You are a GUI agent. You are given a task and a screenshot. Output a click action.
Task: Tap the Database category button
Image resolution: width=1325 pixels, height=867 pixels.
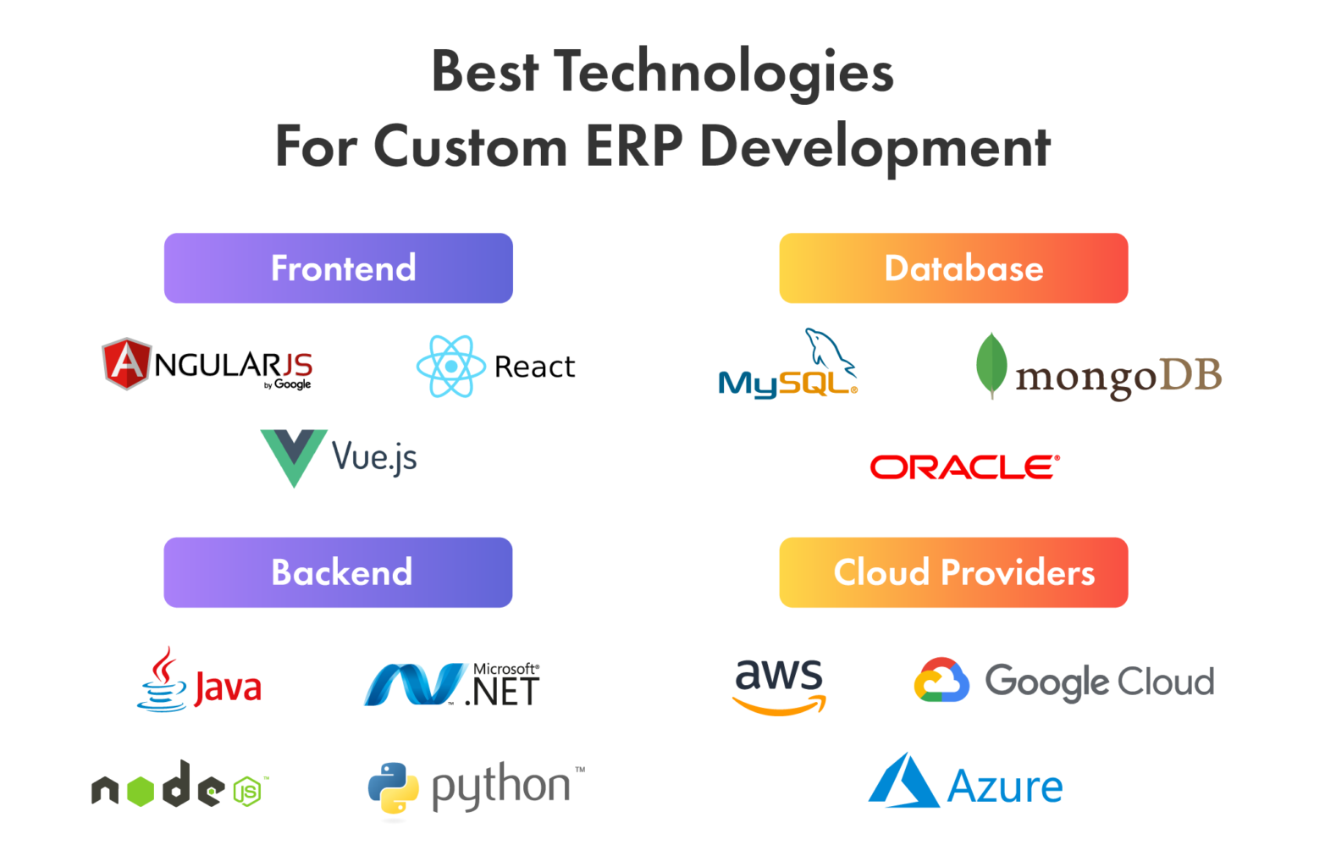[953, 268]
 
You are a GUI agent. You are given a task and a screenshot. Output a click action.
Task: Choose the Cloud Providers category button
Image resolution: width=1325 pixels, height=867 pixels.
[953, 572]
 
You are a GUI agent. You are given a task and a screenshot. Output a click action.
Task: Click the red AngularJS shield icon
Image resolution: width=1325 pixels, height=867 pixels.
[126, 363]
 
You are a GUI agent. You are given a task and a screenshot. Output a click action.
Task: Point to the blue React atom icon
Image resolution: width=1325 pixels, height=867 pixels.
[450, 366]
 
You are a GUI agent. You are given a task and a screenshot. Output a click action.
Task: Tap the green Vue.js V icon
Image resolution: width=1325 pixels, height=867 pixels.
[293, 456]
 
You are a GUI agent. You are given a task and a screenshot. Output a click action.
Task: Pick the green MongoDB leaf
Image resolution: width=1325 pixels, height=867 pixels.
[991, 364]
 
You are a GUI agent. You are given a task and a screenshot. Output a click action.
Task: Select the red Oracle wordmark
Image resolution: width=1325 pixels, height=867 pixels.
[964, 467]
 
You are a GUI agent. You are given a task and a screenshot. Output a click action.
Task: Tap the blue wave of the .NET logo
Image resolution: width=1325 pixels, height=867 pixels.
[415, 684]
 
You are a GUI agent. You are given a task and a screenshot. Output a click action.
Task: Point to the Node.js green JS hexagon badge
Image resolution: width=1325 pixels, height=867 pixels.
[247, 792]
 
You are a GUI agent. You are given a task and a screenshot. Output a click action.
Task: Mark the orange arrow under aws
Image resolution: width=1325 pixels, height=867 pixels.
[780, 704]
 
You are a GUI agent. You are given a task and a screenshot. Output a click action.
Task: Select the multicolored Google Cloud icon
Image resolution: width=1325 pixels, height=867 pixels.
[941, 680]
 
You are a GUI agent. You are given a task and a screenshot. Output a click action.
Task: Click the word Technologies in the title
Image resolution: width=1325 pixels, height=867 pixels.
[723, 71]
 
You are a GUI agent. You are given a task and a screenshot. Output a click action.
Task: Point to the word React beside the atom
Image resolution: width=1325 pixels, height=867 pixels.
[534, 367]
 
